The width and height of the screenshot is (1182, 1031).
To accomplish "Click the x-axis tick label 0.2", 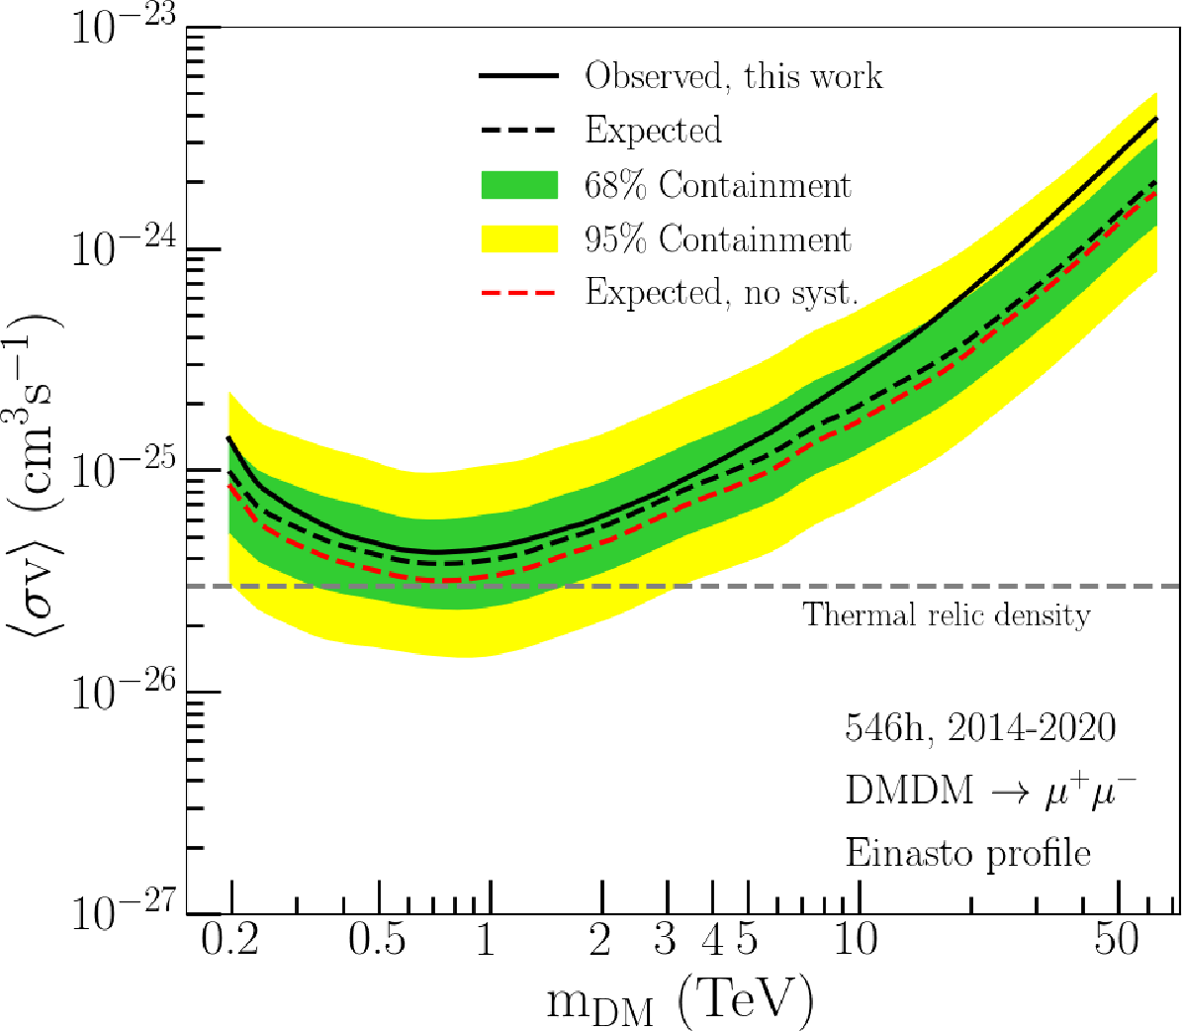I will point(230,939).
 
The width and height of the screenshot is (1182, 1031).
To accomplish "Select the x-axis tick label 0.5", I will point(377,939).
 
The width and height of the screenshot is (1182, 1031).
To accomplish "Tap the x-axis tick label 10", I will point(856,939).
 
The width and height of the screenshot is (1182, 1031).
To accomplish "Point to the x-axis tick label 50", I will point(1117,939).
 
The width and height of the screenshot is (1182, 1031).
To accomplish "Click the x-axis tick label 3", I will point(666,939).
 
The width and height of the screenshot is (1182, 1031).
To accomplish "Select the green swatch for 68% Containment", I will point(519,185).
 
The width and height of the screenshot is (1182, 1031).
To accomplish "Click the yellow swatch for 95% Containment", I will point(519,239).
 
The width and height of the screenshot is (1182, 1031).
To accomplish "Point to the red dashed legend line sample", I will point(519,294).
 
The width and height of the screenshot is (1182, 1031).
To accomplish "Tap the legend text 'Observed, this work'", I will point(733,76).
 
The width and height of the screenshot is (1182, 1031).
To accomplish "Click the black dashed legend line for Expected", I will point(519,131).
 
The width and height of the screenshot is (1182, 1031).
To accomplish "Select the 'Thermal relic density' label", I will point(947,615).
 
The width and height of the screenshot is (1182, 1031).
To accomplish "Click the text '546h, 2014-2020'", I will point(980,728).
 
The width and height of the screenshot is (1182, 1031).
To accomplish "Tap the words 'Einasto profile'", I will point(968,853).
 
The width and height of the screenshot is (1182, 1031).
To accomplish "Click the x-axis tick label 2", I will point(600,939).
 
